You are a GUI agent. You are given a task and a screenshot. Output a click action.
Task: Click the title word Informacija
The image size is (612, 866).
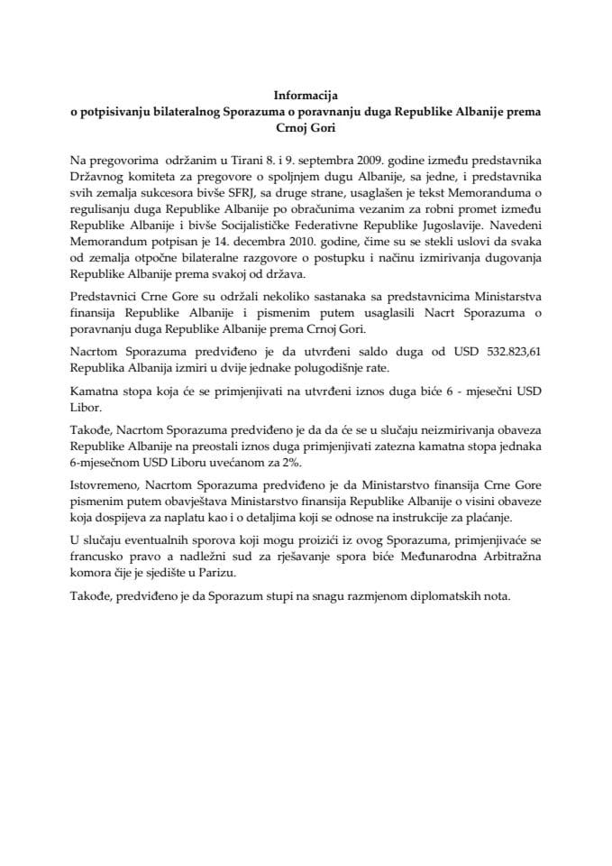[x=306, y=93]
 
